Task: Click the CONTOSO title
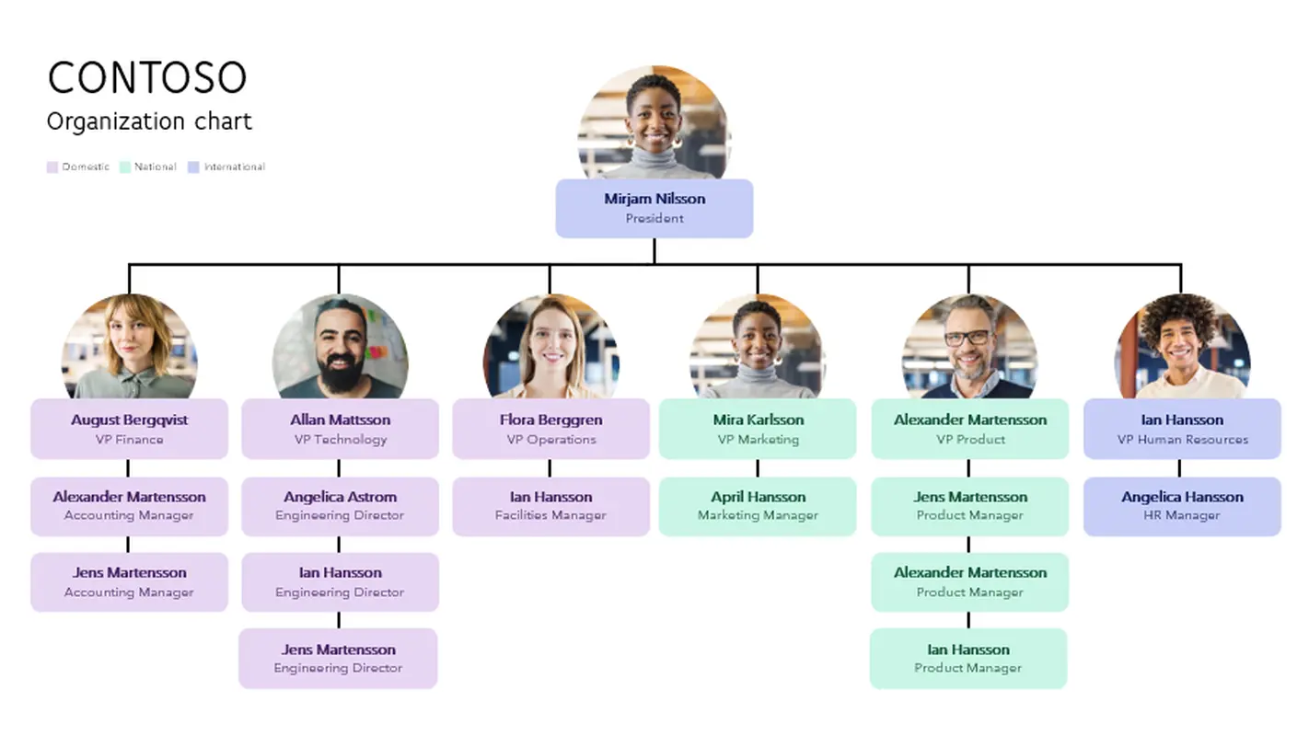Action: pos(147,78)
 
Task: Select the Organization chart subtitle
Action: pos(149,121)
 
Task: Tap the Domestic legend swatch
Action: pos(52,167)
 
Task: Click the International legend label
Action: pos(234,167)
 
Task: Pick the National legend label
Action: pos(155,167)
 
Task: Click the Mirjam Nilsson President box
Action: pos(654,208)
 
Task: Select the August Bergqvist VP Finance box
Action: pos(129,429)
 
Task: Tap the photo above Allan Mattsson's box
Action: pos(340,347)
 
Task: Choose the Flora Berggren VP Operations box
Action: pos(550,429)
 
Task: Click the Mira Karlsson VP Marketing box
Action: pos(758,429)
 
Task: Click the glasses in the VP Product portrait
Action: pos(968,338)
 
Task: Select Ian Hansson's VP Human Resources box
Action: pos(1182,429)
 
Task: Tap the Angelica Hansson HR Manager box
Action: pos(1182,506)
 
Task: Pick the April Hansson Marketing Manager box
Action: pos(758,506)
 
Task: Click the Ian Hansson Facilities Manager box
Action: pos(550,506)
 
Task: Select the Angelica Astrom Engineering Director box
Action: pos(340,506)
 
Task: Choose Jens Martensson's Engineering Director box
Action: pos(338,659)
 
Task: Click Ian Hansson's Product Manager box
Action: pos(967,659)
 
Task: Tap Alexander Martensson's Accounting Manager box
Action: pos(129,506)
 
